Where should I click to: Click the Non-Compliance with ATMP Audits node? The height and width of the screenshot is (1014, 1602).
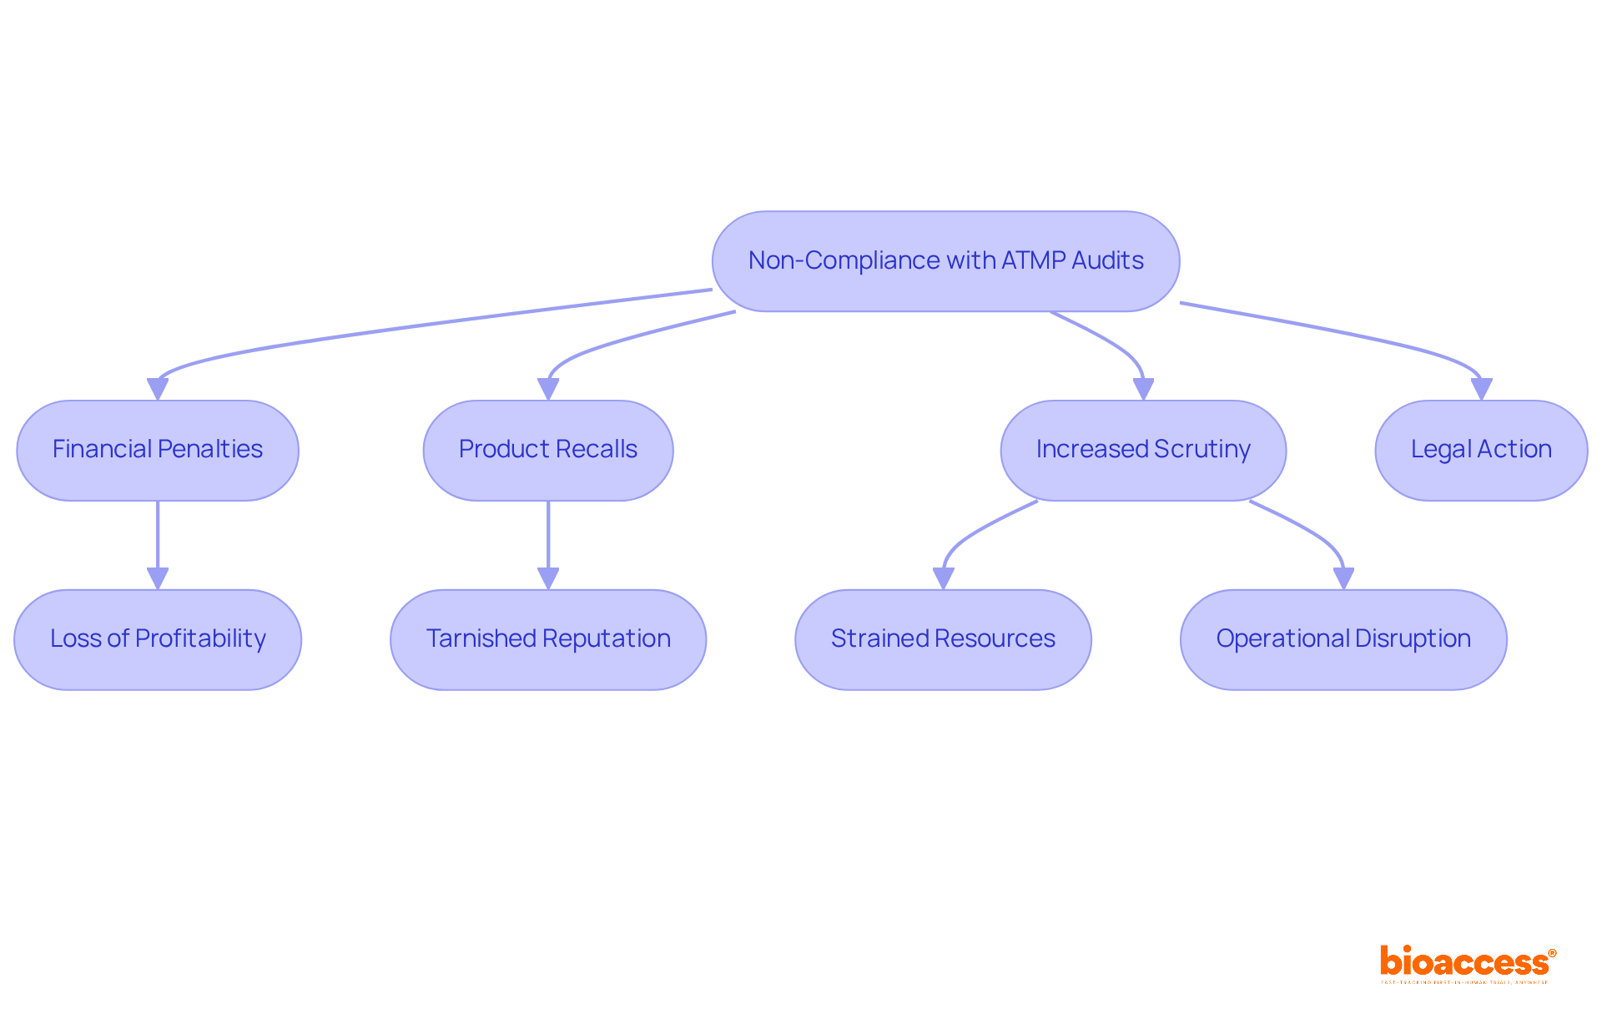(945, 261)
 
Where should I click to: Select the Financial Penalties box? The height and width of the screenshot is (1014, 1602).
(158, 451)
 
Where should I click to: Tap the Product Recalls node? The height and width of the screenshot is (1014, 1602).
(548, 451)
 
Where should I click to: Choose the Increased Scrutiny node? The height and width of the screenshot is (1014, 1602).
(1143, 451)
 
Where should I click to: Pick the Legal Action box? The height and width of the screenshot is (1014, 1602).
(1481, 451)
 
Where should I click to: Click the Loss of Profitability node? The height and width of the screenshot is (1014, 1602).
(158, 640)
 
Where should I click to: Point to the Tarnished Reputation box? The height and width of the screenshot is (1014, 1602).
(548, 640)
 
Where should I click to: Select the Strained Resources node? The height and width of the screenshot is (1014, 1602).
(943, 640)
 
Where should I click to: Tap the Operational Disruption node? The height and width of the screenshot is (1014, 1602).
(1343, 640)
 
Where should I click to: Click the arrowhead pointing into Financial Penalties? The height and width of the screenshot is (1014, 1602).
(158, 389)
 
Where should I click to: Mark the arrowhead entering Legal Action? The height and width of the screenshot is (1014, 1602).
(1481, 389)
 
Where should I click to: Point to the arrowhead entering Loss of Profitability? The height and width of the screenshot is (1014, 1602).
(158, 578)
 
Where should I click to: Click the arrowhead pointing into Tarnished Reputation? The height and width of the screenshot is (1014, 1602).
(548, 578)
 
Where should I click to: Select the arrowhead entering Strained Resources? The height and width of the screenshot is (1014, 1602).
(943, 578)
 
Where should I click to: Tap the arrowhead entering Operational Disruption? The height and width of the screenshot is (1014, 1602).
(1343, 578)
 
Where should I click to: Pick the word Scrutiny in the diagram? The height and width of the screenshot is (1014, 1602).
(1202, 450)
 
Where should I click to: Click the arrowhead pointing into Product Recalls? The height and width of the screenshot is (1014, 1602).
(548, 389)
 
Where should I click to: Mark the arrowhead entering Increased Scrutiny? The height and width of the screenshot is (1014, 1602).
(1143, 389)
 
